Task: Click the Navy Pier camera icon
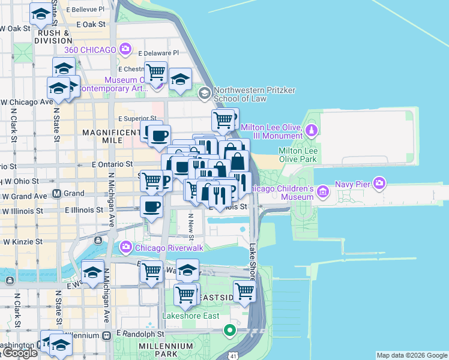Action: click(x=379, y=182)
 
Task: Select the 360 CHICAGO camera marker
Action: click(x=125, y=49)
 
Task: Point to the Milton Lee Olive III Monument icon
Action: click(x=312, y=130)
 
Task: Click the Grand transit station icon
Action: click(x=57, y=194)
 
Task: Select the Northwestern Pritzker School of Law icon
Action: click(x=205, y=93)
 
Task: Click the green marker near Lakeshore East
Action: click(x=229, y=330)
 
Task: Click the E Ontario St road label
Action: click(x=112, y=164)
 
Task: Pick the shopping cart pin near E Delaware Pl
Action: click(x=155, y=73)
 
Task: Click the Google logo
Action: click(x=20, y=353)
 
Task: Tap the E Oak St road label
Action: click(x=91, y=25)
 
